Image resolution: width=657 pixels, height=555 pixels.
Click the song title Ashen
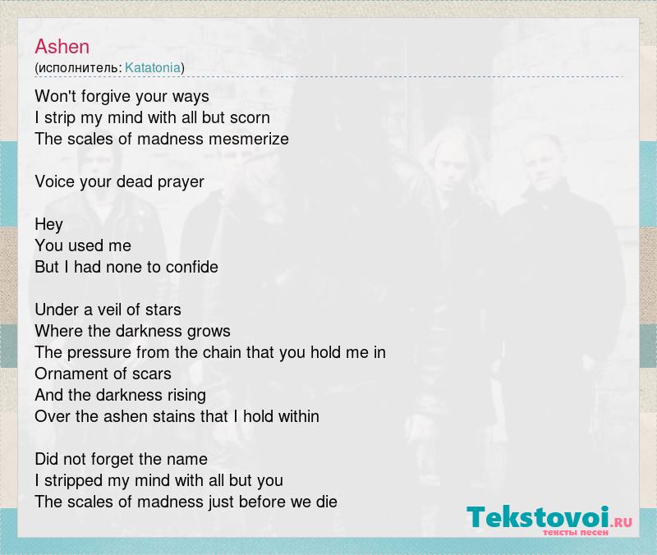point(62,47)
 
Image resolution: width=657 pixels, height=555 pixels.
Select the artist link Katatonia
point(153,67)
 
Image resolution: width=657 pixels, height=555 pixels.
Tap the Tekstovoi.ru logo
point(549,520)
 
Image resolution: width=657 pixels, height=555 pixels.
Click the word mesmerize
point(249,139)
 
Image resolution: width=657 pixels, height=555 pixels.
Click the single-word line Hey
point(49,224)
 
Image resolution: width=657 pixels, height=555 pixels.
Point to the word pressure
point(99,353)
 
